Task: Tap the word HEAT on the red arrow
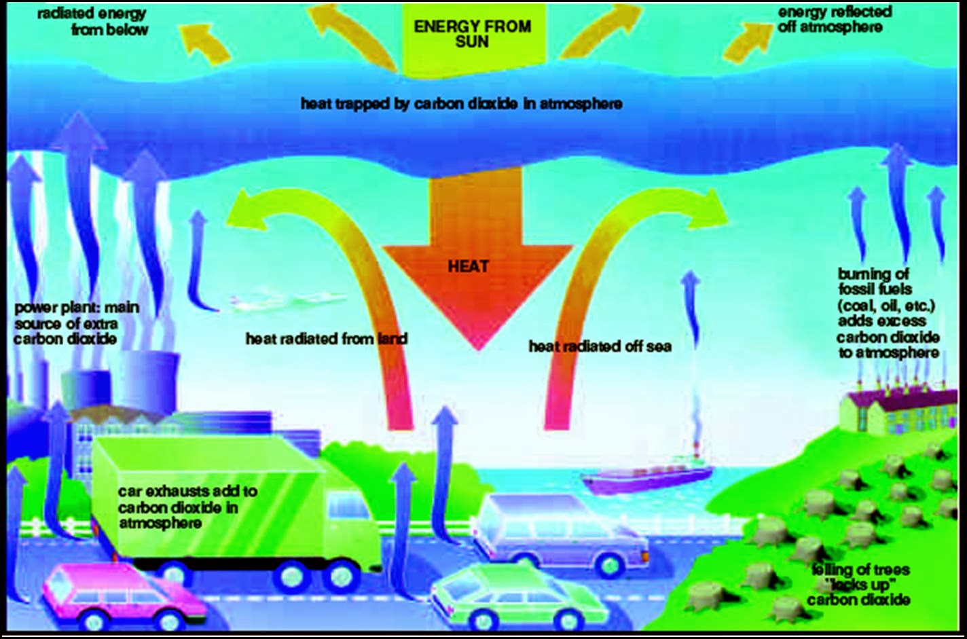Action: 469,266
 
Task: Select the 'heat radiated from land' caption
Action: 326,338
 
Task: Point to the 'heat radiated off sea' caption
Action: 600,346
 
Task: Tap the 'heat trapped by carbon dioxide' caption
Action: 462,104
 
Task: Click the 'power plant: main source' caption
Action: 76,323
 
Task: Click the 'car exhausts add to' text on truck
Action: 187,507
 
